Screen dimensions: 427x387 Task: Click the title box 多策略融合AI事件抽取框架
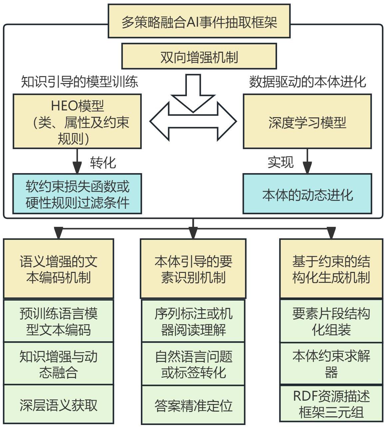point(199,21)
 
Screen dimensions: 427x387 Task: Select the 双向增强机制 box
point(199,56)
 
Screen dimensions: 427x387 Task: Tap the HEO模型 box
point(77,121)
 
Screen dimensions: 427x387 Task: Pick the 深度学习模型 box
point(307,121)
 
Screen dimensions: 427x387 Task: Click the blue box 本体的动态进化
point(307,194)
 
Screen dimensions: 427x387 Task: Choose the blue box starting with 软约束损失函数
point(77,194)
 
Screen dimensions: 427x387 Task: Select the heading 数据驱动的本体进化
point(307,81)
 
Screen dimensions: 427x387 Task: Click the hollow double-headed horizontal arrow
point(193,121)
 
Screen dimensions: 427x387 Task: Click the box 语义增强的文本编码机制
point(59,269)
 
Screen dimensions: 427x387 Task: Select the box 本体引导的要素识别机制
point(193,269)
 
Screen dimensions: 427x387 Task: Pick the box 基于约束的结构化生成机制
point(331,269)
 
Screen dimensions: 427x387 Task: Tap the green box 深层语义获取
point(59,405)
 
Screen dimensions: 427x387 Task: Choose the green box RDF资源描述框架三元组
point(331,404)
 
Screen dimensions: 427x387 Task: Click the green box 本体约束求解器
point(331,363)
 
